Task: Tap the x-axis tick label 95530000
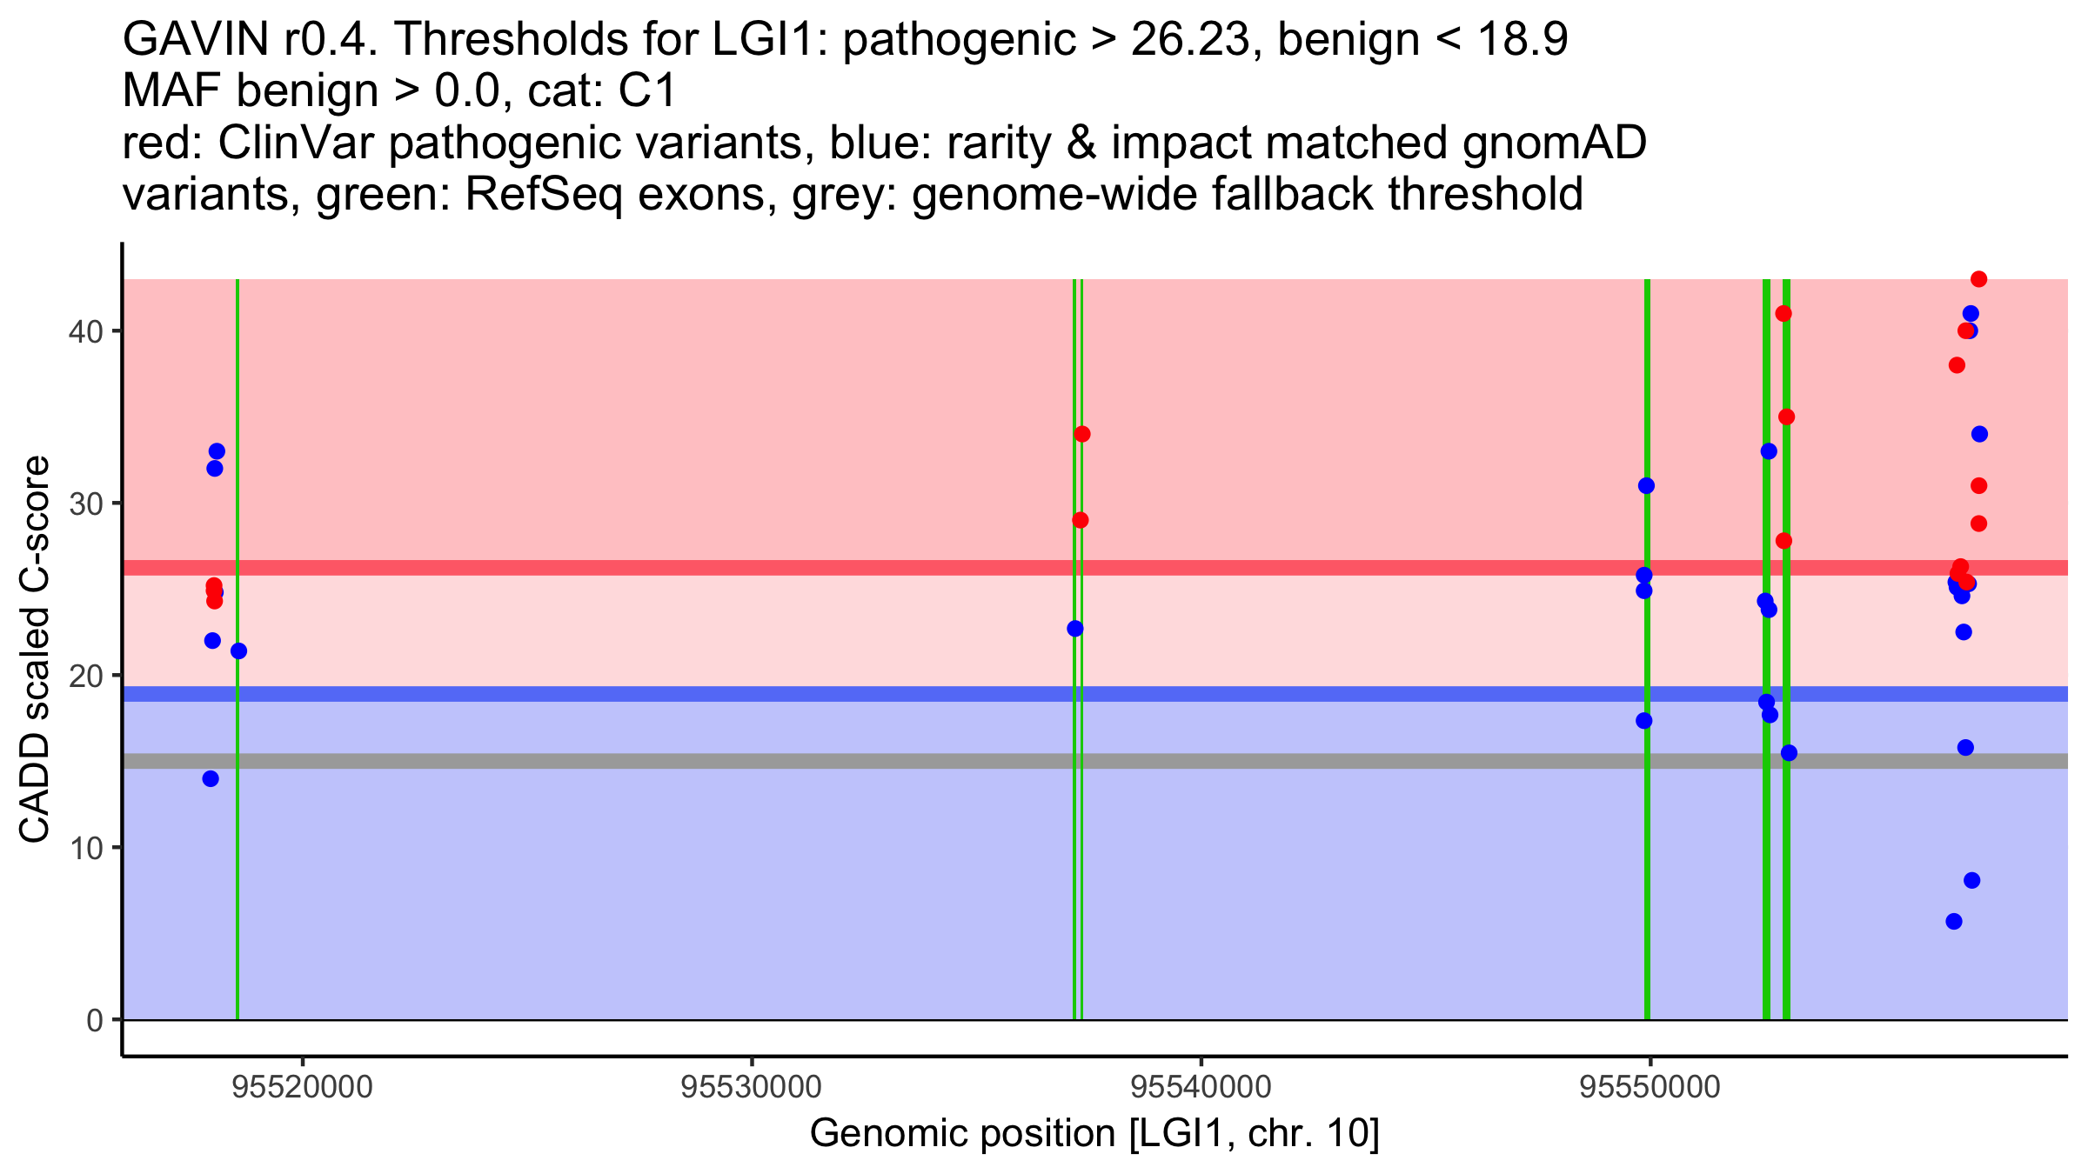point(752,1088)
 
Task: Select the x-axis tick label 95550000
point(1650,1088)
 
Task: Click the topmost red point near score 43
point(1978,279)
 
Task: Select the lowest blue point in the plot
point(1954,921)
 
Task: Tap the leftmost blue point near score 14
point(211,778)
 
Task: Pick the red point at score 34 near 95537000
point(1082,434)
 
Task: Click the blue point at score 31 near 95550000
point(1646,485)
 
